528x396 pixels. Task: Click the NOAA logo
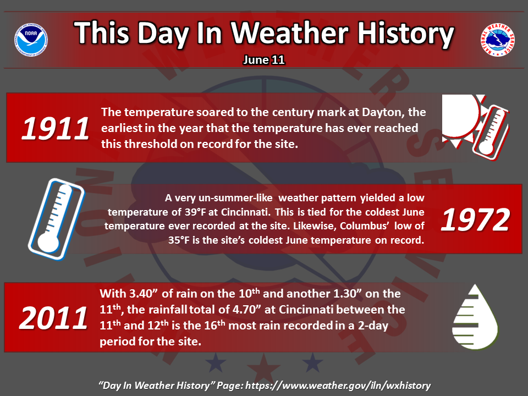(31, 40)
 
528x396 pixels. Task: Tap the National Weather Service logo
(497, 40)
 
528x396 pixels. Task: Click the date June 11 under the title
(264, 60)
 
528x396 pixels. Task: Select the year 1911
(55, 128)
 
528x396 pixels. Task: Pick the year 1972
(475, 219)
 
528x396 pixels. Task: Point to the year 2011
(53, 318)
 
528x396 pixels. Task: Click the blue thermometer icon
(56, 219)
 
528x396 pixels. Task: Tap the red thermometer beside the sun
(491, 131)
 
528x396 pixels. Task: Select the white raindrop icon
(475, 317)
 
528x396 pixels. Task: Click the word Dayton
(383, 112)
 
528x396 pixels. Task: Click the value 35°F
(179, 240)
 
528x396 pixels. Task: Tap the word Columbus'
(364, 226)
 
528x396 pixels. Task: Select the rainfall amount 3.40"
(144, 293)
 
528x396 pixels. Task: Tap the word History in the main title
(405, 34)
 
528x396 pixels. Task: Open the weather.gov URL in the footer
(338, 386)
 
